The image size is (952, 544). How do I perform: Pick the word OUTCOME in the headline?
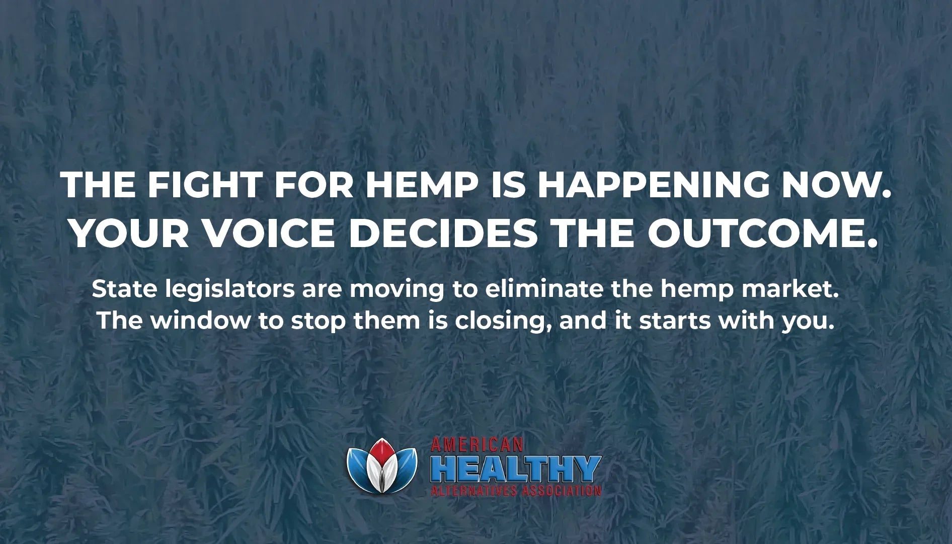(761, 235)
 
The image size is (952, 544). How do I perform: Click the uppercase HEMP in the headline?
(421, 185)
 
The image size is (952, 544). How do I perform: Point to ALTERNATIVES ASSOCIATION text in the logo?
(516, 490)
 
